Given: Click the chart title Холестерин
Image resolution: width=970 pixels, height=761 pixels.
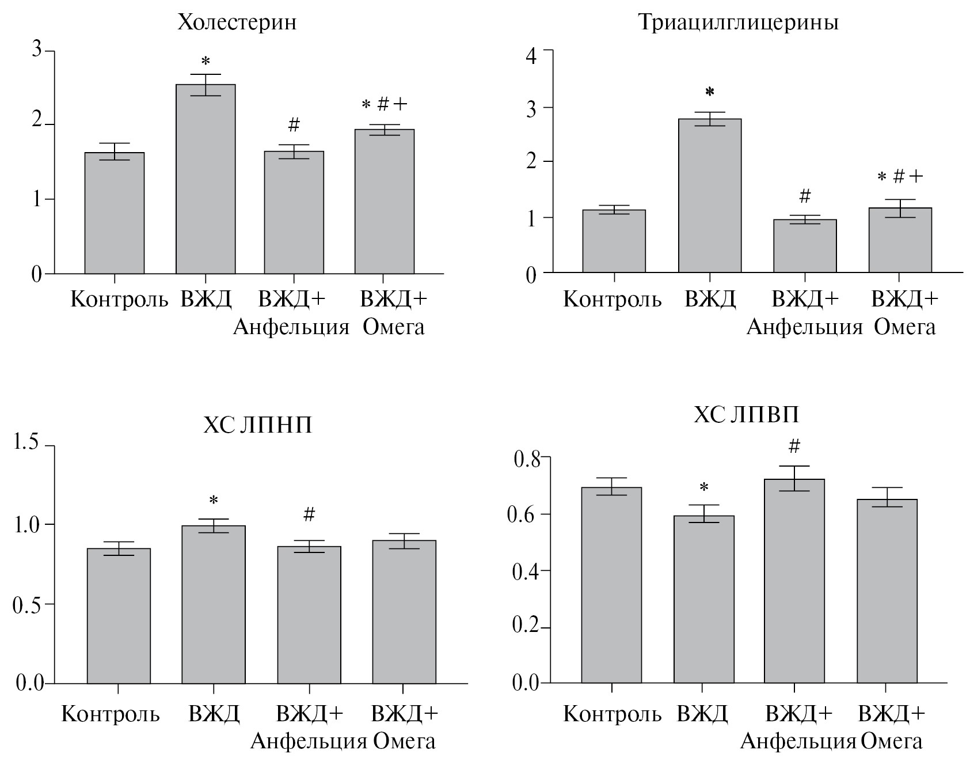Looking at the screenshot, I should click(x=237, y=22).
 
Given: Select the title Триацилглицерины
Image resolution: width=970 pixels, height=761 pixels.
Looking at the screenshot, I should click(x=738, y=22).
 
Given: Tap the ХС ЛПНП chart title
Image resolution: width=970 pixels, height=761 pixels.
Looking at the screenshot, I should click(x=257, y=425).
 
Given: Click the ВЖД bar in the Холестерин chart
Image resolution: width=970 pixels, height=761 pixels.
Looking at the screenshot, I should click(x=206, y=179).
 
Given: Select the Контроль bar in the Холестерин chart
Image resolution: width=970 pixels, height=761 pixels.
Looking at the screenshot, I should click(x=115, y=213).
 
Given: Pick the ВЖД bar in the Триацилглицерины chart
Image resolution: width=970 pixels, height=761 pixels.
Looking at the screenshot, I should click(x=710, y=196).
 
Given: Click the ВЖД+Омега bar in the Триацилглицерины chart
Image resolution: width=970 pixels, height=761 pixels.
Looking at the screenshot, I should click(x=900, y=240).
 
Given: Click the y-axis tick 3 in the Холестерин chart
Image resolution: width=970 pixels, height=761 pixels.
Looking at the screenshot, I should click(x=37, y=51).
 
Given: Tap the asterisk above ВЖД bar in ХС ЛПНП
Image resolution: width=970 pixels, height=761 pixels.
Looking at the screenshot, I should click(x=214, y=500).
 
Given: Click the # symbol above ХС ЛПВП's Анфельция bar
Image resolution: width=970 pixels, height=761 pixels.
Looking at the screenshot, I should click(x=794, y=445).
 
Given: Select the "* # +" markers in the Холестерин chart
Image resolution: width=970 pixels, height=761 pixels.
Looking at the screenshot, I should click(x=384, y=104).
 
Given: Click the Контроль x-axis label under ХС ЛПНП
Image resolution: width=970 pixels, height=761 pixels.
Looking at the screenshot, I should click(x=111, y=714).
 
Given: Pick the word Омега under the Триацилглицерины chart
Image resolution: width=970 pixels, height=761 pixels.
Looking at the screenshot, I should click(x=904, y=327).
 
